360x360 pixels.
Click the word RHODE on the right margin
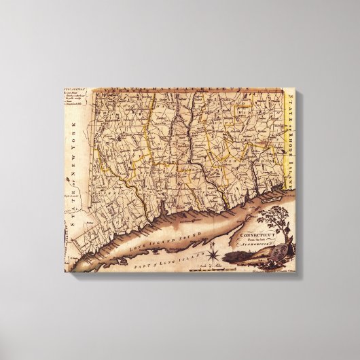click(x=293, y=132)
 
